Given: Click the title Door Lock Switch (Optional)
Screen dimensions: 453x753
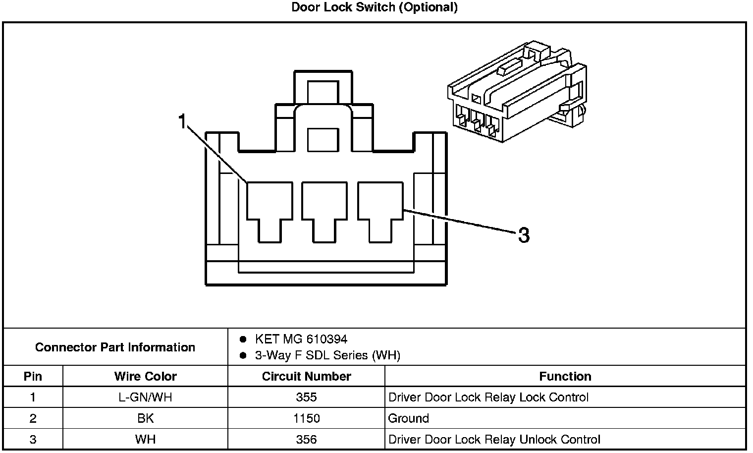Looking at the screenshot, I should (374, 7).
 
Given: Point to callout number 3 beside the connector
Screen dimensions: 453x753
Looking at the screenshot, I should (524, 235).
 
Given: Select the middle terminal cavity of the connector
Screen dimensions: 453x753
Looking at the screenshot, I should (324, 208).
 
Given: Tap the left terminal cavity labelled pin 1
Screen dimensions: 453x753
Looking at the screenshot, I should (269, 208).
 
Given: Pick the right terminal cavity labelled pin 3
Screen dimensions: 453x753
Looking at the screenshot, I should (380, 208).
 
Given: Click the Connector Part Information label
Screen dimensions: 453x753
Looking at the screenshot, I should (115, 347).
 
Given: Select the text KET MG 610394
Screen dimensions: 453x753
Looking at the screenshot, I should (301, 339).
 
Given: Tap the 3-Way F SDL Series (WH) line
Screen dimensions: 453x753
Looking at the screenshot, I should (327, 355).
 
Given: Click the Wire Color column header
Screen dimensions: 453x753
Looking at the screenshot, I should (145, 376).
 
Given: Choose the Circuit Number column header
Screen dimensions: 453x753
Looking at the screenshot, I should (306, 376).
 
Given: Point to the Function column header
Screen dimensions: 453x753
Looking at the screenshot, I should (565, 376).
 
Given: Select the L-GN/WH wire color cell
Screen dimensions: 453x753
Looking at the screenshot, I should (145, 397).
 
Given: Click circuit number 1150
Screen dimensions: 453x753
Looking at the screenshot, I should (306, 418).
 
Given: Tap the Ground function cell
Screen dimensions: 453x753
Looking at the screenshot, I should (409, 418).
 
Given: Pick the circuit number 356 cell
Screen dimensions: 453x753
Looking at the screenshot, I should (306, 440).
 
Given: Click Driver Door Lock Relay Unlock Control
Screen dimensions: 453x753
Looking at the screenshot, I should (494, 440).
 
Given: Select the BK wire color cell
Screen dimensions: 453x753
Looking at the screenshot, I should (145, 418).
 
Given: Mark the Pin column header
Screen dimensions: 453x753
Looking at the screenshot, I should (33, 376).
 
